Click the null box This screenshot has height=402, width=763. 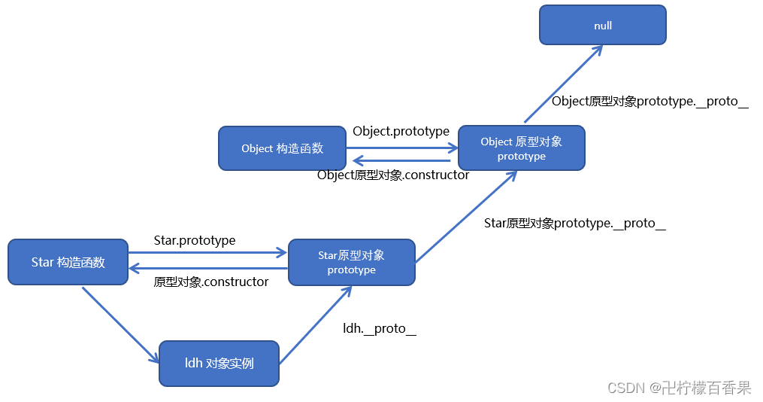coord(602,25)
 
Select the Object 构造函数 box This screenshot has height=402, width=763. coord(282,148)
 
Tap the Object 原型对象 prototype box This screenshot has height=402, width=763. coord(521,148)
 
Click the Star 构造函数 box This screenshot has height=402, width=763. coord(68,262)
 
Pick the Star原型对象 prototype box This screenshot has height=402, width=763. coord(351,262)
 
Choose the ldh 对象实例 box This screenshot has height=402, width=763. coord(219,363)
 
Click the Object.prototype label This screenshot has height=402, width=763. coord(401,131)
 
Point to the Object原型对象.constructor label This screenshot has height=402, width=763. coord(393,175)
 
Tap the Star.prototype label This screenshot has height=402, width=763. coord(195,240)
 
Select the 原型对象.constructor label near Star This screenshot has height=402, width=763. coord(211,282)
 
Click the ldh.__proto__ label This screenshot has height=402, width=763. coord(380,328)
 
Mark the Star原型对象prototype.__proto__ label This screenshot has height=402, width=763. coord(574,223)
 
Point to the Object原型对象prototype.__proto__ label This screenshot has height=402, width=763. coord(649,101)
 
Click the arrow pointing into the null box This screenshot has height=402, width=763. coord(562,83)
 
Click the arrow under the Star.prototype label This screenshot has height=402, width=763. coord(208,254)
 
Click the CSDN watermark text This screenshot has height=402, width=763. coord(679,388)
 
